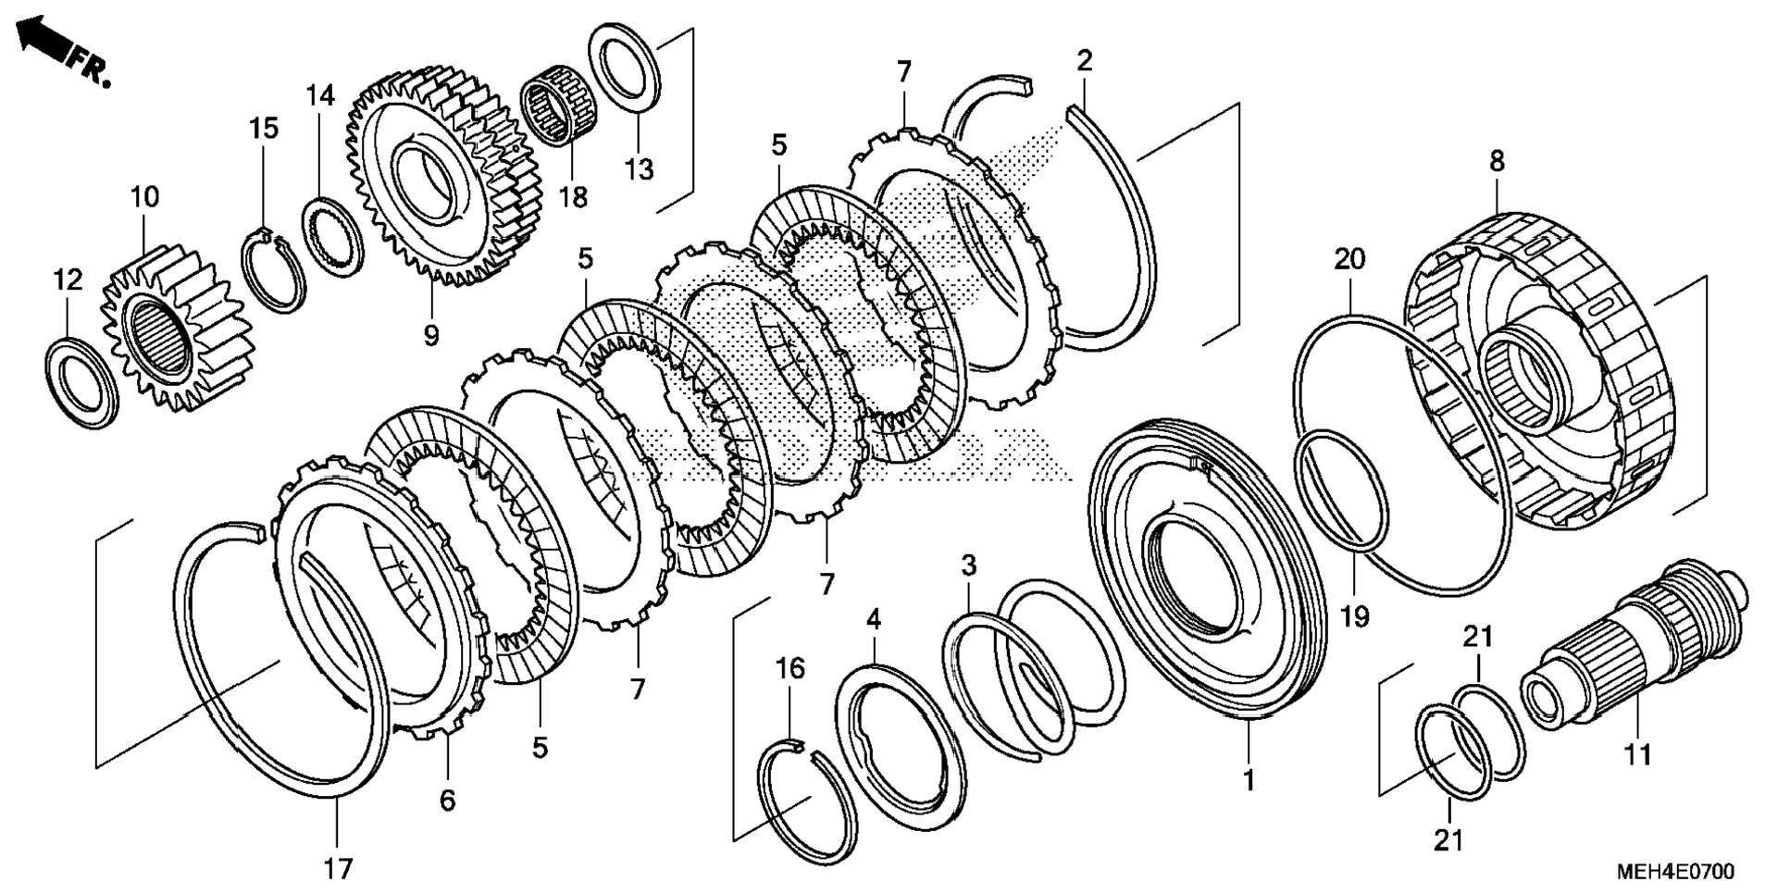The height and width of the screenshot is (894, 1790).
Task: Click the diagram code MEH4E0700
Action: coord(1675,872)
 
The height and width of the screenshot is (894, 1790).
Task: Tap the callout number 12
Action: coord(67,279)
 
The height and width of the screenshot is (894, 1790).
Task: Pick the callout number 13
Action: coord(639,169)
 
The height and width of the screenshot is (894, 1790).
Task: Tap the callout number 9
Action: coord(431,335)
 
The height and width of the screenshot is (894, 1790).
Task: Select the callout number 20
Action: coord(1349,259)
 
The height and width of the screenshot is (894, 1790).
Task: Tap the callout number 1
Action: coord(1249,780)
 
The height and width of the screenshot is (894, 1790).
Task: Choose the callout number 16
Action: coord(789,668)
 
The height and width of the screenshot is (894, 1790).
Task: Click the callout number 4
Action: coord(873,620)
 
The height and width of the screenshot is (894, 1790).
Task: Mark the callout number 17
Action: coord(338,869)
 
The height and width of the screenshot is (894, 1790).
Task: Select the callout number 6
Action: coord(448,801)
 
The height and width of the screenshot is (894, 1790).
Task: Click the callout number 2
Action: coord(1085,60)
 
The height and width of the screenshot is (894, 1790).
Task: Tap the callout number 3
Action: coord(968,565)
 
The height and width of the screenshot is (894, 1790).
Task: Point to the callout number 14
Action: coord(320,94)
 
